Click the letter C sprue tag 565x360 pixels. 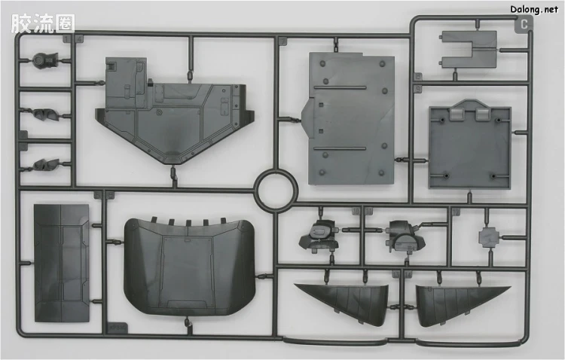point(524,24)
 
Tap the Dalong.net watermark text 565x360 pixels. point(533,9)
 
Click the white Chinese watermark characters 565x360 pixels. point(42,24)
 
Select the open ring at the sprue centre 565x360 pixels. point(276,189)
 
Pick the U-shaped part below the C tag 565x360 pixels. point(469,50)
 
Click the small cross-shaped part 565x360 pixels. point(490,237)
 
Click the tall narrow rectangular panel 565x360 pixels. point(62,263)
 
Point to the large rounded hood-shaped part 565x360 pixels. point(189,267)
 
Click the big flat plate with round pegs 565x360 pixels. point(349,118)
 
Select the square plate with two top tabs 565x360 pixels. point(470,144)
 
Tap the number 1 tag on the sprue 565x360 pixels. point(67,38)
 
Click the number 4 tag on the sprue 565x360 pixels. point(79,38)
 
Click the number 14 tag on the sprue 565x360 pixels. point(408,275)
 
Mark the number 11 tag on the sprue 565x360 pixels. point(368,211)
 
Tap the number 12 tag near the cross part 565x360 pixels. point(456,212)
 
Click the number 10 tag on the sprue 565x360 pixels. point(356,211)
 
